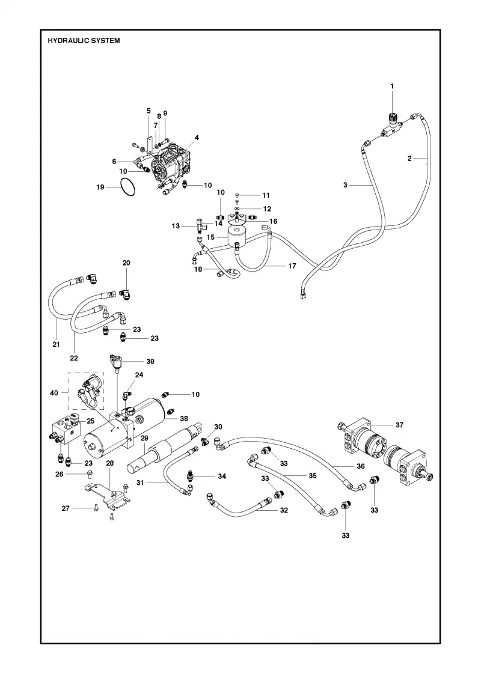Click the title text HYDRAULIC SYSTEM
84,41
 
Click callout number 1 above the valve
391,87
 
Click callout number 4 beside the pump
197,138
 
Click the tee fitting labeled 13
200,225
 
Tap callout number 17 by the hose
292,266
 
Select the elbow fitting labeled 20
126,294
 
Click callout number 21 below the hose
57,344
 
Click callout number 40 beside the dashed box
54,392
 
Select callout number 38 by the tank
184,418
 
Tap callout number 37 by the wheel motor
399,425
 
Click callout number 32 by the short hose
284,510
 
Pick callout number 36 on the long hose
361,466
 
